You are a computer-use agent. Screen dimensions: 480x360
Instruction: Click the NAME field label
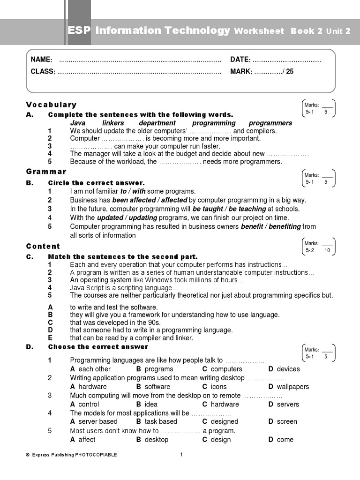41,60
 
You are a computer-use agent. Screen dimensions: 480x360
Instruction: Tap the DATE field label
240,60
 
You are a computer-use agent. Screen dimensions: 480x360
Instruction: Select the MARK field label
241,72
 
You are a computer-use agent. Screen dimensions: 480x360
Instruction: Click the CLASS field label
43,72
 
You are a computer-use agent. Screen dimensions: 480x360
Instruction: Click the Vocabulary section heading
51,105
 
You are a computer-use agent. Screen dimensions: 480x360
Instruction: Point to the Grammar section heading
46,172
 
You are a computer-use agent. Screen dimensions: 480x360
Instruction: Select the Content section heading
43,246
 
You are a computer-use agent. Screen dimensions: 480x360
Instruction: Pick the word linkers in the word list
113,123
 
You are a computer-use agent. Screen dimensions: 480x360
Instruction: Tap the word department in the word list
157,123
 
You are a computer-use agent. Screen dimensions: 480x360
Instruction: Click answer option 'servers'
287,404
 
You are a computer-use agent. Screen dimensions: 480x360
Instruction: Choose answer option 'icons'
218,387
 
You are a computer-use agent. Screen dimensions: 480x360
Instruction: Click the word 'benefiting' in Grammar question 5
284,226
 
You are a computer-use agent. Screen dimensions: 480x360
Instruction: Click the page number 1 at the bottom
181,454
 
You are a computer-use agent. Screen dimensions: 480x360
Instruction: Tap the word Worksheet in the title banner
259,31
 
